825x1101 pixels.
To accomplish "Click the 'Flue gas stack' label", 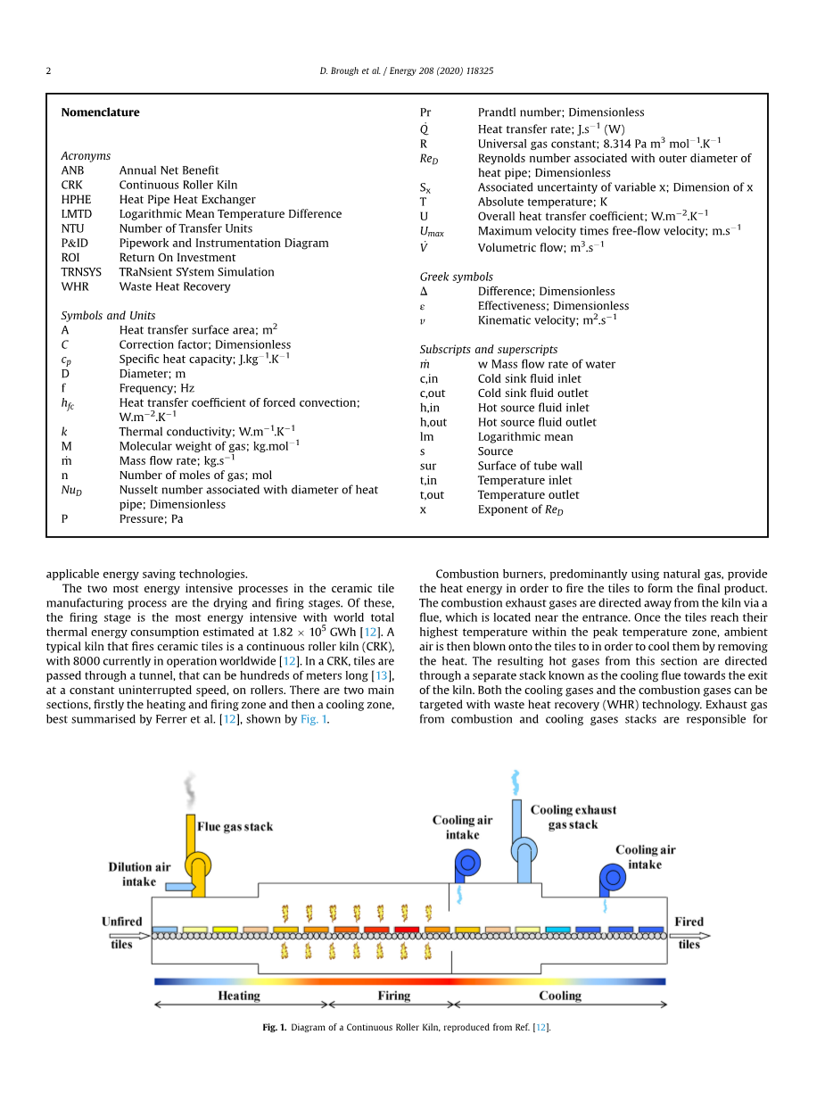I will pos(235,827).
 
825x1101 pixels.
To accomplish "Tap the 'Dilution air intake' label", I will pos(139,874).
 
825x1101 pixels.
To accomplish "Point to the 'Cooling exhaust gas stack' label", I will pos(573,817).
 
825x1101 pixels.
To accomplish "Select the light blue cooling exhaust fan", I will pos(524,850).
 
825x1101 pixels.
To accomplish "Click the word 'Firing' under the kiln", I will pos(393,996).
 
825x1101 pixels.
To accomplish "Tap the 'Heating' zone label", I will pos(239,996).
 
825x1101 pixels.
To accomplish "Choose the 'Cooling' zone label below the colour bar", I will pos(560,996).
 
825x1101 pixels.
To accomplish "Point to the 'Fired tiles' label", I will pos(689,932).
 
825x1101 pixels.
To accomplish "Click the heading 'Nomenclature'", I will pos(100,112).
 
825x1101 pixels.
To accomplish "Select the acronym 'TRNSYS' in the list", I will pos(80,272).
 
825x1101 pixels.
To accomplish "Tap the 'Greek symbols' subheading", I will pos(456,277).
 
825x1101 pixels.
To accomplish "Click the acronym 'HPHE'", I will pos(76,200).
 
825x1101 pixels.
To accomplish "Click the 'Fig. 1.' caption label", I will pos(274,1028).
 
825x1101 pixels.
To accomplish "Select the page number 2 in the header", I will pos(49,70).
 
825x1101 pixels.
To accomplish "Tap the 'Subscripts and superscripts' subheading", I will pos(488,350).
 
